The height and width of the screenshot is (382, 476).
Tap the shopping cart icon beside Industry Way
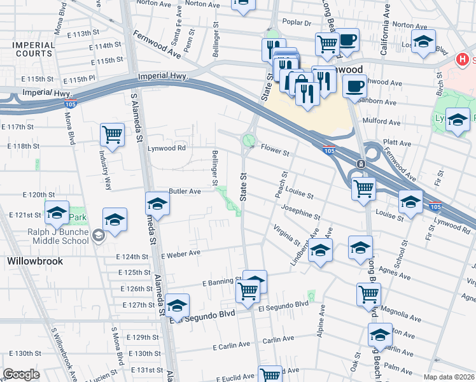pyautogui.click(x=112, y=134)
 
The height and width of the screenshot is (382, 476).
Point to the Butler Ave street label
pyautogui.click(x=185, y=191)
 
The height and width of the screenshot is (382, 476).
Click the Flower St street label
pyautogui.click(x=275, y=153)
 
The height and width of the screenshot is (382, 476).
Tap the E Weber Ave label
pyautogui.click(x=181, y=253)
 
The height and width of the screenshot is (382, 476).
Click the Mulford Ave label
pyautogui.click(x=381, y=122)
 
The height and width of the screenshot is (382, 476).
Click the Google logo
pyautogui.click(x=21, y=374)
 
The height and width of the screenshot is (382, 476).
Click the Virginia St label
pyautogui.click(x=287, y=235)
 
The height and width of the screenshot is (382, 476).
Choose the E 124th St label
pyautogui.click(x=133, y=257)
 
